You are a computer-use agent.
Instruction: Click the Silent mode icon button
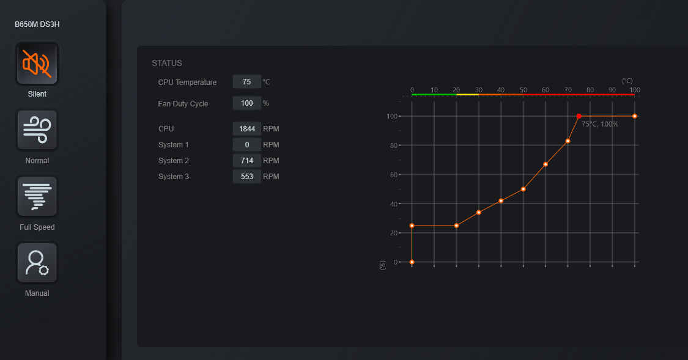pos(37,64)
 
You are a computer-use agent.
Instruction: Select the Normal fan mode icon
pos(37,130)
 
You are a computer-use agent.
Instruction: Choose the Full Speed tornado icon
pos(37,196)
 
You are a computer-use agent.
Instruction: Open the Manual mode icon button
pos(37,263)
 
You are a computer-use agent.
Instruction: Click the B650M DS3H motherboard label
pos(37,24)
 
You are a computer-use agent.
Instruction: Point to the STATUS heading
pos(167,63)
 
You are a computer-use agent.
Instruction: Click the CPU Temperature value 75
pos(247,82)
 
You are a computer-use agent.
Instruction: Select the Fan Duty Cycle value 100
pos(247,103)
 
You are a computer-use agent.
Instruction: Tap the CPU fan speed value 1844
pos(247,129)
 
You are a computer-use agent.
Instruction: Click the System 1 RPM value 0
pos(247,145)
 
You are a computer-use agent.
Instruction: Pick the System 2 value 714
pos(247,161)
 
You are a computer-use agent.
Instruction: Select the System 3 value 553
pos(247,177)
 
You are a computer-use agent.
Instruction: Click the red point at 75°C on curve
pos(579,116)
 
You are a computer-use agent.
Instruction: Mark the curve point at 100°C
pos(635,116)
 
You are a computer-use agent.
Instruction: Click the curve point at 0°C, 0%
pos(412,262)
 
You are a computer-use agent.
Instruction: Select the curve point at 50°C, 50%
pos(523,189)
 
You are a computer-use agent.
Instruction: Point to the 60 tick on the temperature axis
pos(546,90)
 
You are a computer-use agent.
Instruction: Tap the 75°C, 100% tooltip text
pos(600,124)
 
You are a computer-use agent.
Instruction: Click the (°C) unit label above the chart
pos(627,81)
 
